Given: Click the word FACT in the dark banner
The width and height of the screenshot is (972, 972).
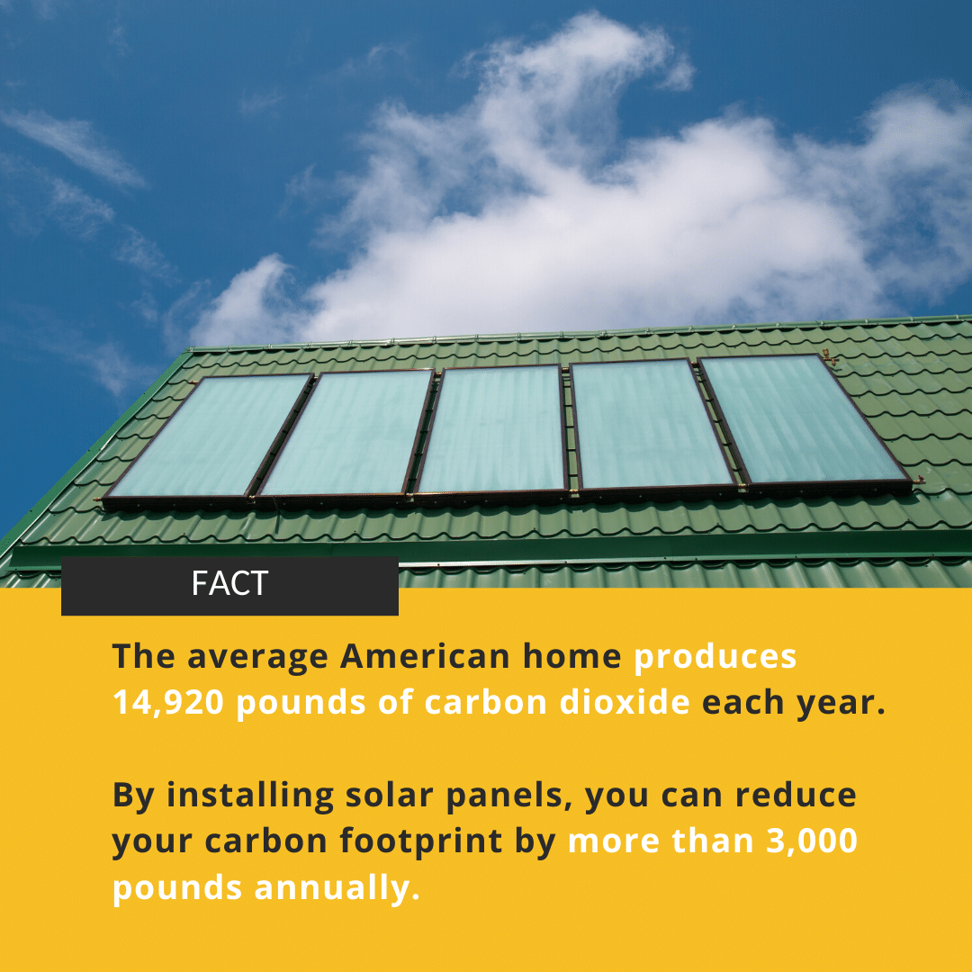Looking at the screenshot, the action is click(229, 583).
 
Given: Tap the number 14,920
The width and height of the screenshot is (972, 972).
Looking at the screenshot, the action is click(168, 702).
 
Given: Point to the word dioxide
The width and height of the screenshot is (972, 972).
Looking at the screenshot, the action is click(625, 702).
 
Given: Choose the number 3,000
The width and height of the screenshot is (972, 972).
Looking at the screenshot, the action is click(812, 841).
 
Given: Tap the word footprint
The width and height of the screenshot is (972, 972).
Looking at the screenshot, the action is click(421, 841).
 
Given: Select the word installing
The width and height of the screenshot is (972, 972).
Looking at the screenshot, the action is click(250, 796).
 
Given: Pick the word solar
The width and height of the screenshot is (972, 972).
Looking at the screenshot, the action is click(389, 795).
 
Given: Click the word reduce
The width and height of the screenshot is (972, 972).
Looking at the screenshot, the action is click(796, 795).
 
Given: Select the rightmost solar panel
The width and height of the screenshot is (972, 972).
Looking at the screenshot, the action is click(805, 420).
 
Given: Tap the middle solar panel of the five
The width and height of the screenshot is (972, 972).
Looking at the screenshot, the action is click(491, 429).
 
